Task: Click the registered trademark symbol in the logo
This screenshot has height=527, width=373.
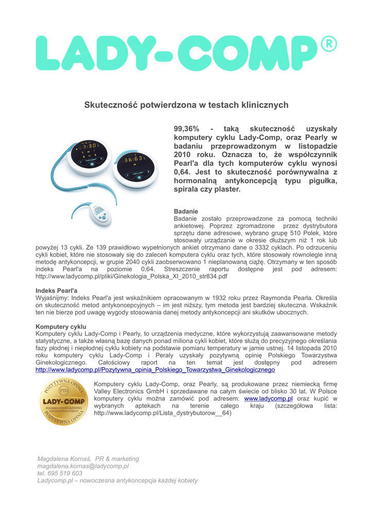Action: pos(328,44)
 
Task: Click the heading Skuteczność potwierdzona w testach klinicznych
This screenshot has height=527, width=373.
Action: pos(186,105)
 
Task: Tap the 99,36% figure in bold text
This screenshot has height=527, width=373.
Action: pos(186,128)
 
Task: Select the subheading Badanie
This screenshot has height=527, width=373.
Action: pos(186,212)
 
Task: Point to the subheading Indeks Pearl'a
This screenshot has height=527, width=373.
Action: pos(56,290)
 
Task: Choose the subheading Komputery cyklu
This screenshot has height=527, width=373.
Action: pos(61,326)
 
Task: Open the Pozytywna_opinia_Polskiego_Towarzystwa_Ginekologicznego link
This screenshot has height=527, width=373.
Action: pos(155,370)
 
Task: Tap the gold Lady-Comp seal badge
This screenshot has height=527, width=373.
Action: pos(63,402)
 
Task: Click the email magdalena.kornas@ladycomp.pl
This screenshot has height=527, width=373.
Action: pos(83,466)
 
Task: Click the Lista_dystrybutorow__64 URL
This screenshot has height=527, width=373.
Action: pos(163,413)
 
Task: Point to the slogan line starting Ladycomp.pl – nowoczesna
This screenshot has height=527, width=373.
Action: pos(117,480)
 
